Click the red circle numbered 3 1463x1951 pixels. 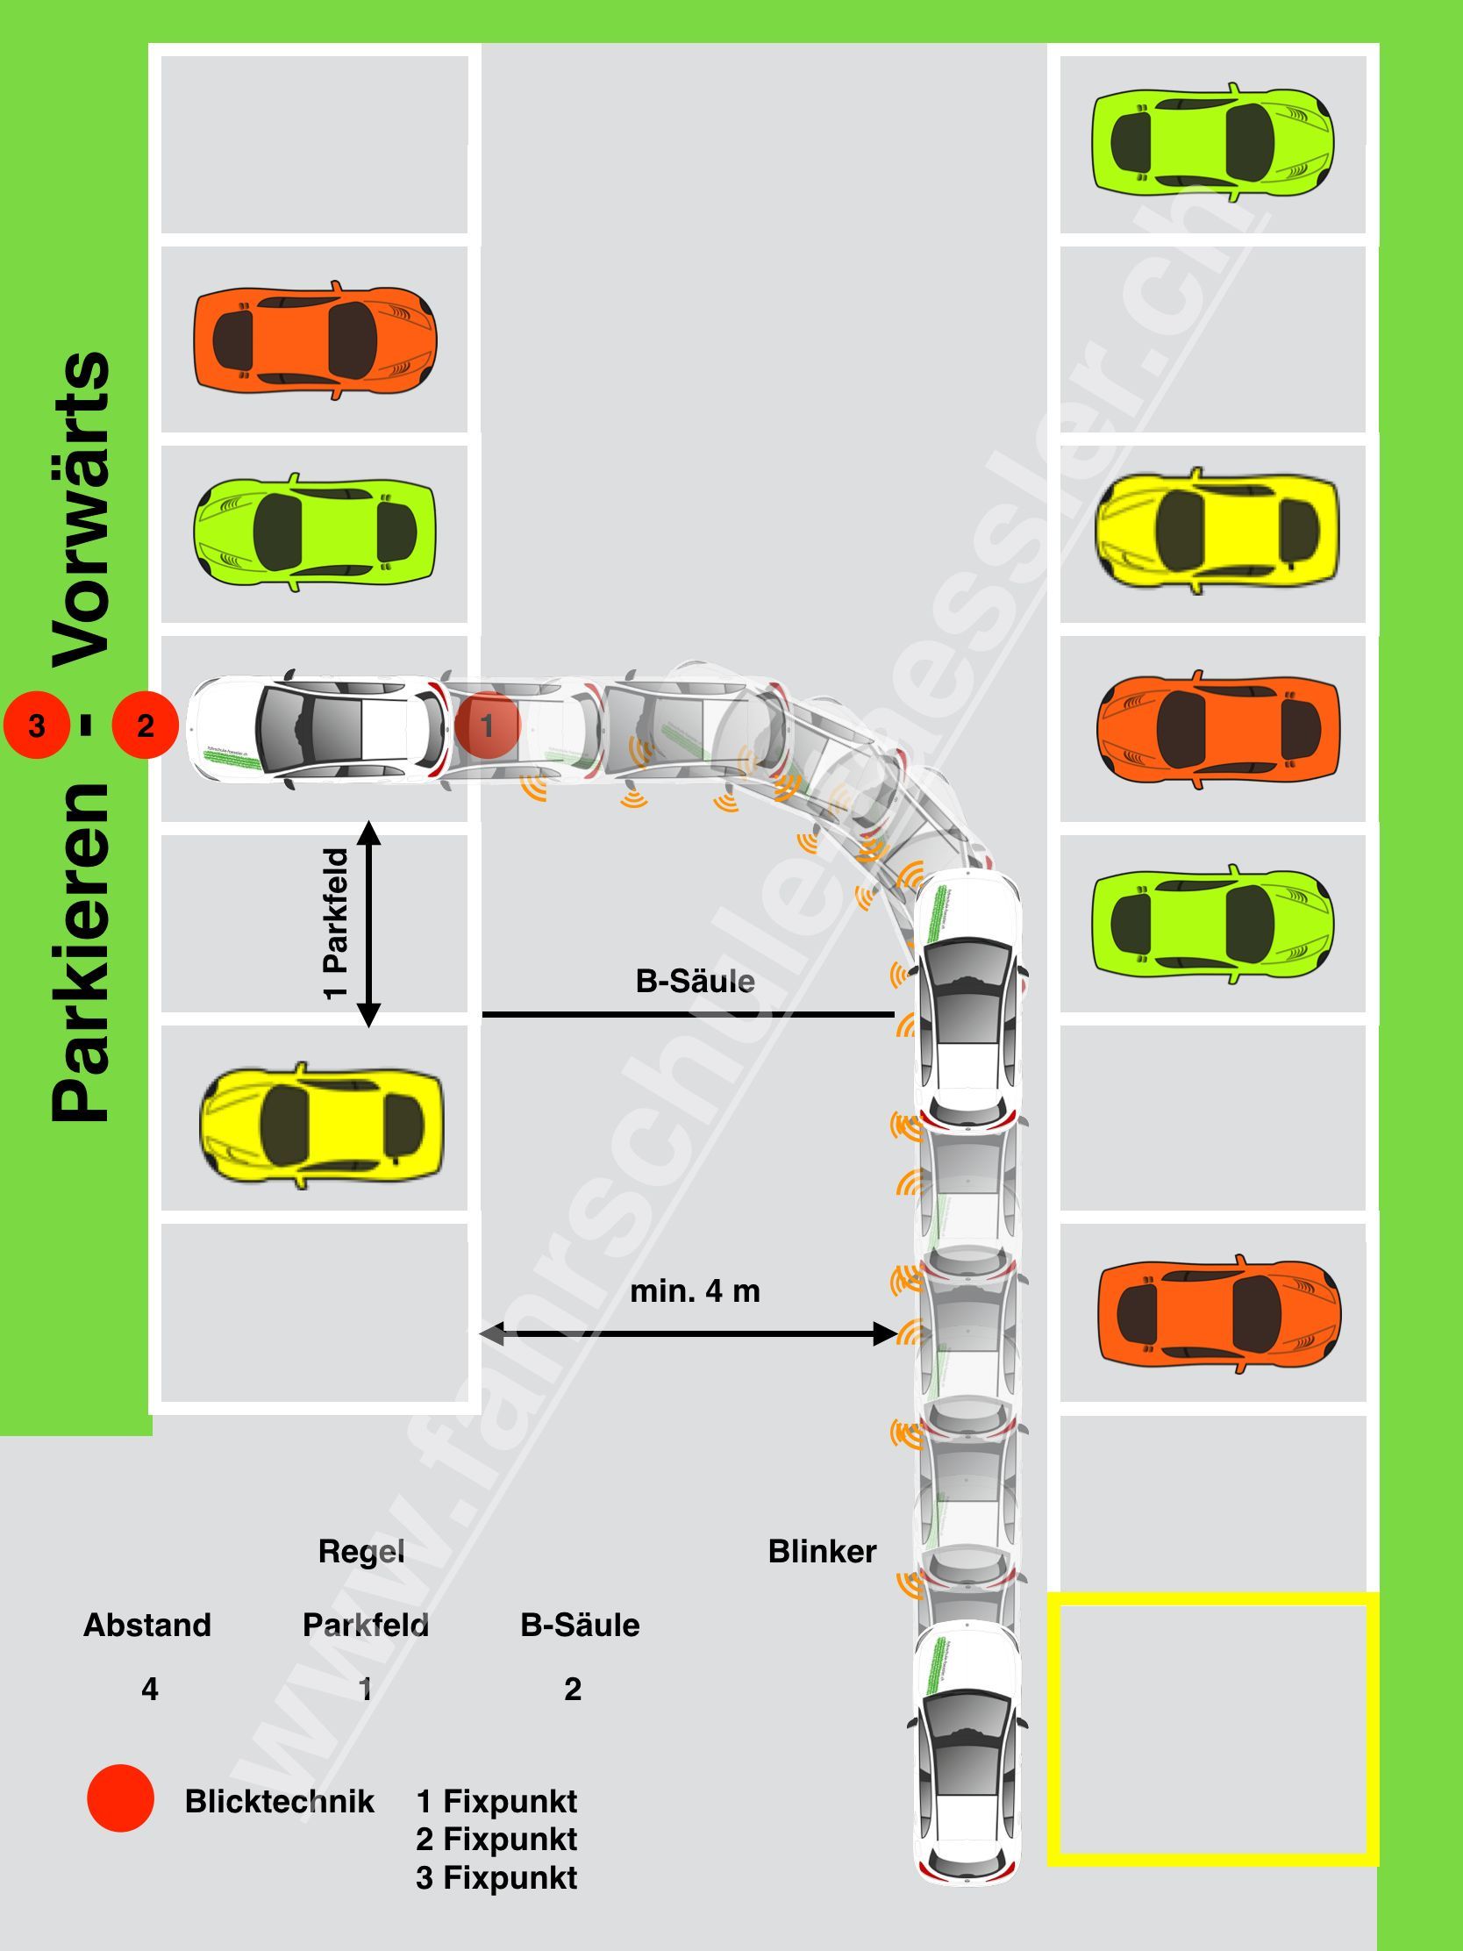[36, 725]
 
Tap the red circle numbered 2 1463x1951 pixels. [146, 725]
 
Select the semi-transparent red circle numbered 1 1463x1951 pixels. [487, 725]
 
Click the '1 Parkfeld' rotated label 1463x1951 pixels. [337, 924]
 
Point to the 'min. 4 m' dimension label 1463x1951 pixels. [695, 1291]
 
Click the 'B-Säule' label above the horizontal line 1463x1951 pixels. [695, 982]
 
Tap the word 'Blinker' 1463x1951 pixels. [822, 1552]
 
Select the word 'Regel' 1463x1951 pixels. [360, 1552]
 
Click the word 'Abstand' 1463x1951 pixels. [147, 1625]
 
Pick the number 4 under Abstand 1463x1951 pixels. [150, 1689]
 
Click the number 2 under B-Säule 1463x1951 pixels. [573, 1689]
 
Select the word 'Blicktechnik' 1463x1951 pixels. [280, 1801]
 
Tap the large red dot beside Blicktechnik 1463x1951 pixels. [121, 1798]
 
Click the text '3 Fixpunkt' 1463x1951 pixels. [496, 1878]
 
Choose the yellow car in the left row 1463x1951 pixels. [321, 1125]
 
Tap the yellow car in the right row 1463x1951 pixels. [1216, 532]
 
